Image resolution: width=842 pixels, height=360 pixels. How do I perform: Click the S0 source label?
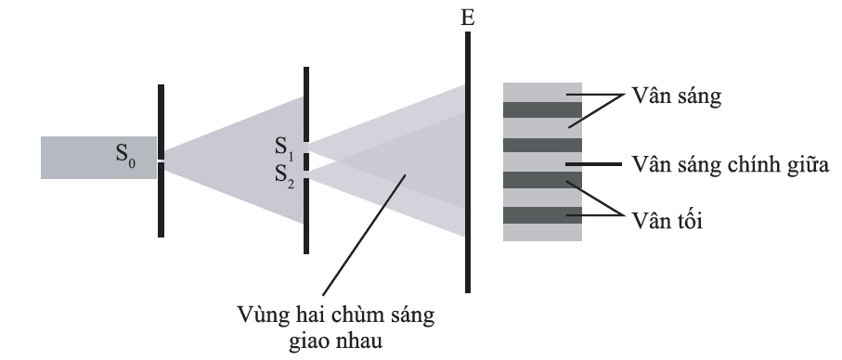click(x=125, y=155)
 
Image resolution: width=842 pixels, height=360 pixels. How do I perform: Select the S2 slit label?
click(x=285, y=175)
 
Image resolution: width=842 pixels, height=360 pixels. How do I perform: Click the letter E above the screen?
click(x=468, y=18)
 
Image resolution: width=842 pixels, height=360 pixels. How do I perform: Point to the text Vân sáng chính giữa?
click(x=731, y=165)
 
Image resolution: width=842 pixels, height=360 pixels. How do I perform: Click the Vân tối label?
click(x=667, y=221)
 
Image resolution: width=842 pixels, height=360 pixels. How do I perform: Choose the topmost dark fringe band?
click(x=542, y=110)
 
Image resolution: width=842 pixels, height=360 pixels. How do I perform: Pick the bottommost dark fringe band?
click(x=542, y=215)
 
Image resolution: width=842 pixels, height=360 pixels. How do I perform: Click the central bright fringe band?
click(x=542, y=162)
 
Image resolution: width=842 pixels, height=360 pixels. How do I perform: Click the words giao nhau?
click(x=336, y=341)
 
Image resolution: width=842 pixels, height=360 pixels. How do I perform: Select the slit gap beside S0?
click(x=161, y=161)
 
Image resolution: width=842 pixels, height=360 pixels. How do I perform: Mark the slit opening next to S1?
click(x=306, y=148)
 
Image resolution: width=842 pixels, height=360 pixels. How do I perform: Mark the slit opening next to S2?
click(x=306, y=174)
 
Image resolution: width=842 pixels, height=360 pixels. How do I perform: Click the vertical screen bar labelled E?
click(x=468, y=162)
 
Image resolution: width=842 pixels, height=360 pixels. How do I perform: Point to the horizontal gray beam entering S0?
click(x=98, y=158)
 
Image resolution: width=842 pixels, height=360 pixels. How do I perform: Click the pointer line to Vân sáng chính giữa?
click(x=594, y=163)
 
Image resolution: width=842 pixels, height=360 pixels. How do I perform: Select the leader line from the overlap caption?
click(x=364, y=235)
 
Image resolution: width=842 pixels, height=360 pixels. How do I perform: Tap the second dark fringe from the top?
click(x=542, y=145)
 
